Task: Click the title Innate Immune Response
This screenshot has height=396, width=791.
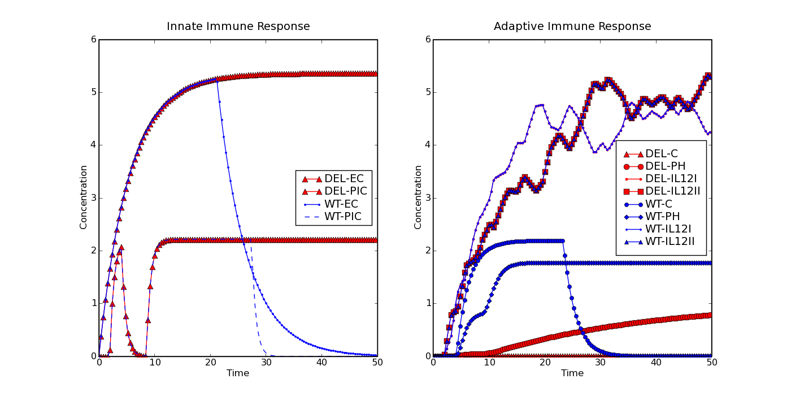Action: click(x=238, y=27)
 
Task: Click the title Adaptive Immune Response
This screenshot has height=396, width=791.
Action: click(x=572, y=27)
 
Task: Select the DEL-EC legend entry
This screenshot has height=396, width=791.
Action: click(x=333, y=179)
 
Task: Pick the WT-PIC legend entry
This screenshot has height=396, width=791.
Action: click(x=333, y=216)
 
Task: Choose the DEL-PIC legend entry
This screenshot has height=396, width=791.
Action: click(x=334, y=191)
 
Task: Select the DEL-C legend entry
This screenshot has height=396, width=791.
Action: click(x=651, y=154)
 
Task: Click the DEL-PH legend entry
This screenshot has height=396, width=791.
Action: click(x=654, y=166)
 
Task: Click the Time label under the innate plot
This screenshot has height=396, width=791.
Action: click(x=238, y=373)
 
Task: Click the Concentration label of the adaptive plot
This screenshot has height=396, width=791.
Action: click(x=418, y=197)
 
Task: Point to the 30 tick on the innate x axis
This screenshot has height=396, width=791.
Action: click(x=266, y=363)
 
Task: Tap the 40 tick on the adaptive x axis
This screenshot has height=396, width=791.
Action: click(x=656, y=363)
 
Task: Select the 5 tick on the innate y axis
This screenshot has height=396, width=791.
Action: click(x=94, y=92)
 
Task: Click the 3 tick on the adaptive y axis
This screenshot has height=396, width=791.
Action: click(x=428, y=197)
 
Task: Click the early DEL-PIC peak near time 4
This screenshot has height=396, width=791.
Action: click(x=121, y=248)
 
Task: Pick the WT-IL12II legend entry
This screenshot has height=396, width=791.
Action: click(x=659, y=242)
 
